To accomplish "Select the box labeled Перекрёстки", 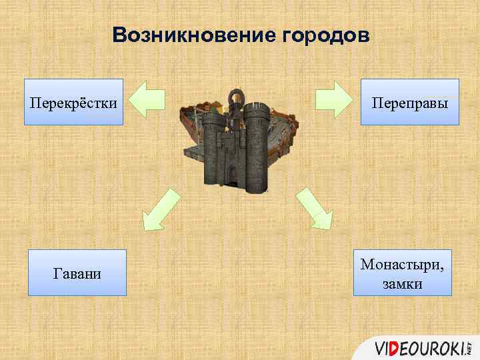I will (x=74, y=102).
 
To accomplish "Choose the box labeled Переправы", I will (x=409, y=102).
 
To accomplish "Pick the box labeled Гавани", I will (x=77, y=273).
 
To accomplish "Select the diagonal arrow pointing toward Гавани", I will (x=161, y=209).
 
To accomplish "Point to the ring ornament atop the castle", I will (x=235, y=100).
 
